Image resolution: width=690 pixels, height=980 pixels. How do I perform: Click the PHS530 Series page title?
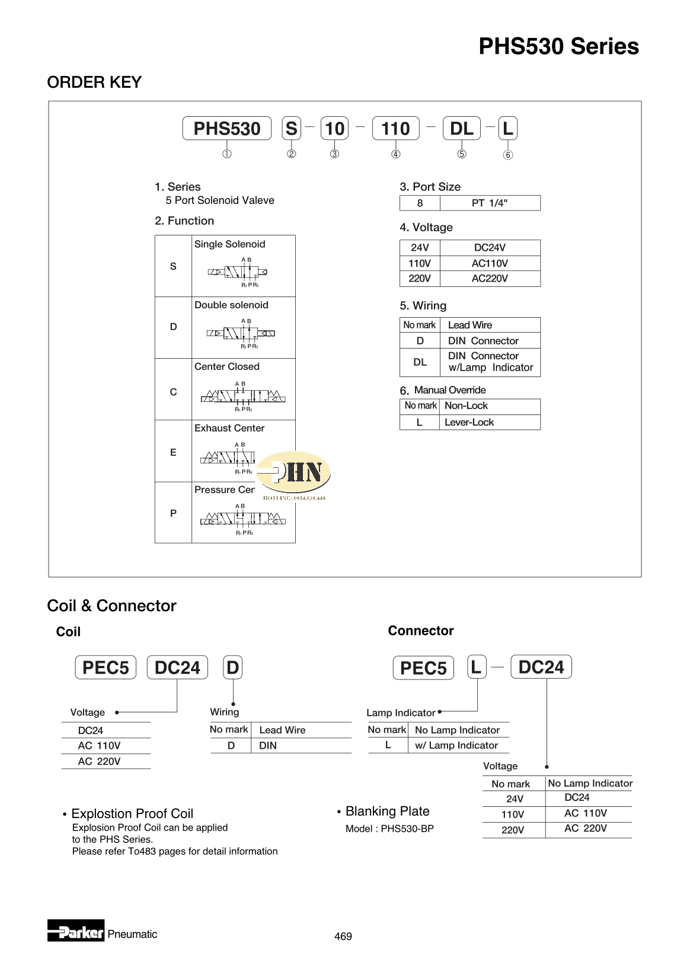pyautogui.click(x=558, y=46)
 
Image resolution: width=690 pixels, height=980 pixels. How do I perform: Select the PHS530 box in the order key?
pyautogui.click(x=226, y=128)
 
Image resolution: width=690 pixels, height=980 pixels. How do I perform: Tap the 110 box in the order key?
pyautogui.click(x=395, y=128)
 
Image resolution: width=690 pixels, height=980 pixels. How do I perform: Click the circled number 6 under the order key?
pyautogui.click(x=508, y=155)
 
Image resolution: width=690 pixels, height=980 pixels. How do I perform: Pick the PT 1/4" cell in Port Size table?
pyautogui.click(x=490, y=203)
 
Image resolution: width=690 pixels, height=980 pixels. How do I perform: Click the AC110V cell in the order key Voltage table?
pyautogui.click(x=490, y=263)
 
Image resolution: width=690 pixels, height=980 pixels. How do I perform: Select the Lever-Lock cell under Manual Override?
pyautogui.click(x=469, y=422)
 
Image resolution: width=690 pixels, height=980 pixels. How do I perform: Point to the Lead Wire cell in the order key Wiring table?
pyautogui.click(x=470, y=325)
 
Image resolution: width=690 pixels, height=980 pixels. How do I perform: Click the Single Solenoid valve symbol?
pyautogui.click(x=238, y=272)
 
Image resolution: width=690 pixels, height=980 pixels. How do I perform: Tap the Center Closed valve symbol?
pyautogui.click(x=243, y=396)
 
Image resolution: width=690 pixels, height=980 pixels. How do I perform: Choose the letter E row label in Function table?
pyautogui.click(x=173, y=452)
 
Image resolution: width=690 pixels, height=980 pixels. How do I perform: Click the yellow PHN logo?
pyautogui.click(x=294, y=473)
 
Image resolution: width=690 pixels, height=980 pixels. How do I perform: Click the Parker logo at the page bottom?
pyautogui.click(x=76, y=931)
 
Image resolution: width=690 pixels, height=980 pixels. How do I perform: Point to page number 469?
pyautogui.click(x=343, y=936)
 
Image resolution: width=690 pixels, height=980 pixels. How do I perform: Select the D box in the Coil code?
pyautogui.click(x=233, y=668)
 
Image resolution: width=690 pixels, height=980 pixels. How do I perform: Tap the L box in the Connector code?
pyautogui.click(x=476, y=667)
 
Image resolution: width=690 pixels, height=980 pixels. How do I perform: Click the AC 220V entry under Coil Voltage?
pyautogui.click(x=99, y=761)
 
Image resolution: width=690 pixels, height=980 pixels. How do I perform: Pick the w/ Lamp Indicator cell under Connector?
pyautogui.click(x=456, y=745)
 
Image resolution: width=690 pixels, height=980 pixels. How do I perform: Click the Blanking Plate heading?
pyautogui.click(x=387, y=811)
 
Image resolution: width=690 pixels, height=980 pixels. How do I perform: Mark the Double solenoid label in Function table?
pyautogui.click(x=231, y=305)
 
